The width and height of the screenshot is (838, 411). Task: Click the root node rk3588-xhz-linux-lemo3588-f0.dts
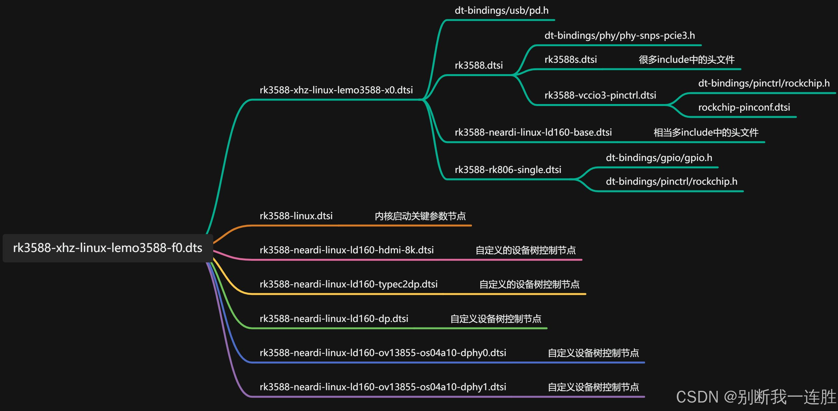(107, 248)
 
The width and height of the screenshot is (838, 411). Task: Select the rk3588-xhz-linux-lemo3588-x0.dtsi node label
(336, 90)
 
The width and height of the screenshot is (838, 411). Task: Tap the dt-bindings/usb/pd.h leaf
(501, 11)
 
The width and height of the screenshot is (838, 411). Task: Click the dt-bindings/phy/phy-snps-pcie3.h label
(619, 35)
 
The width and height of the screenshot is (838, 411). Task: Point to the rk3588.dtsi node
(478, 65)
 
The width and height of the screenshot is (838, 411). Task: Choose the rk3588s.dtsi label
(570, 60)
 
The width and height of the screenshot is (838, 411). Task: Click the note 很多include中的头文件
(687, 60)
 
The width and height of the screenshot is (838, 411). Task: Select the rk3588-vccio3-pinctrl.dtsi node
(600, 95)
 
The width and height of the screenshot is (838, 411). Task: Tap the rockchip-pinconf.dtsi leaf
(744, 107)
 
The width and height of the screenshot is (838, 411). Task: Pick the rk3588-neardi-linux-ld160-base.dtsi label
(533, 132)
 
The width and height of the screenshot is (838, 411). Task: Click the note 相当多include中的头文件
(706, 133)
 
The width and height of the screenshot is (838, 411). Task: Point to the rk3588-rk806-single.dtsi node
(508, 170)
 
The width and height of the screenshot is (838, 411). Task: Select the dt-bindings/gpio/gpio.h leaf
(659, 158)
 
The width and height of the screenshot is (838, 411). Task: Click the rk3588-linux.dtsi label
(296, 216)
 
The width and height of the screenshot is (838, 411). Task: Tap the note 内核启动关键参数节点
(420, 217)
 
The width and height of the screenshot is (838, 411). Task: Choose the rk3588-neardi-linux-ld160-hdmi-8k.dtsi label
(347, 250)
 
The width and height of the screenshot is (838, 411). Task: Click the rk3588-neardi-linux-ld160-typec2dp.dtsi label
(348, 285)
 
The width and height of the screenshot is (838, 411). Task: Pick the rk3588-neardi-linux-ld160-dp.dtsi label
(334, 319)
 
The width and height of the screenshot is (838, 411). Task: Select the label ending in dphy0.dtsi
(383, 353)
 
